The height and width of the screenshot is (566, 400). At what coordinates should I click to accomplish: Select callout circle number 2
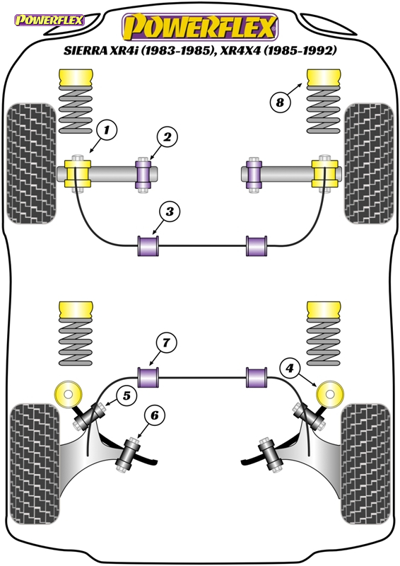tap(167, 137)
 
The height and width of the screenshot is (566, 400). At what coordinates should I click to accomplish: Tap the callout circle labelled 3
tap(170, 211)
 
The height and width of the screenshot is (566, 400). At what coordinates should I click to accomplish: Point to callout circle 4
tap(290, 368)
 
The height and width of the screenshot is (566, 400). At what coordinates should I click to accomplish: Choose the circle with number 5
tap(127, 395)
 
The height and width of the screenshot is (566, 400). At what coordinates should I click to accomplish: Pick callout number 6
tap(154, 415)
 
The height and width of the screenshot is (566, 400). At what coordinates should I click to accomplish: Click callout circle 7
tap(166, 342)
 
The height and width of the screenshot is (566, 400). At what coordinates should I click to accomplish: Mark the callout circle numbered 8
tap(281, 103)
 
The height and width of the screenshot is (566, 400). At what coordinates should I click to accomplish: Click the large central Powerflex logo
tap(199, 27)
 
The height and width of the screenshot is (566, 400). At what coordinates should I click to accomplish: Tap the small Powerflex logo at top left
tap(49, 20)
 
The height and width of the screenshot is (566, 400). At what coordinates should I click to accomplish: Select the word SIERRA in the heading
tap(84, 50)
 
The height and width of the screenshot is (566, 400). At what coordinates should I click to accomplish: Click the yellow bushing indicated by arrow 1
tap(78, 173)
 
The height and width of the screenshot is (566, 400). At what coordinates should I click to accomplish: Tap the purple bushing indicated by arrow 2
tap(143, 175)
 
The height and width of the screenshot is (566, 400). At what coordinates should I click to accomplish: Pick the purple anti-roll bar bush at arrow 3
tap(148, 246)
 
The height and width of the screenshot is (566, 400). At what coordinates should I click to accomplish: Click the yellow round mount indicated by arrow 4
tap(329, 394)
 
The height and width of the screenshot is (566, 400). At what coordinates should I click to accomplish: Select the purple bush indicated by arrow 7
tap(148, 377)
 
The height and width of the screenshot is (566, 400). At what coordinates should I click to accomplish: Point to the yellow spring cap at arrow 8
tap(324, 78)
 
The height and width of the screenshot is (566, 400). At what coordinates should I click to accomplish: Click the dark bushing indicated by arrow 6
tap(128, 454)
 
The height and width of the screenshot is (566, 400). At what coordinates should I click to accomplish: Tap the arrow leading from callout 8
tap(295, 91)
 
